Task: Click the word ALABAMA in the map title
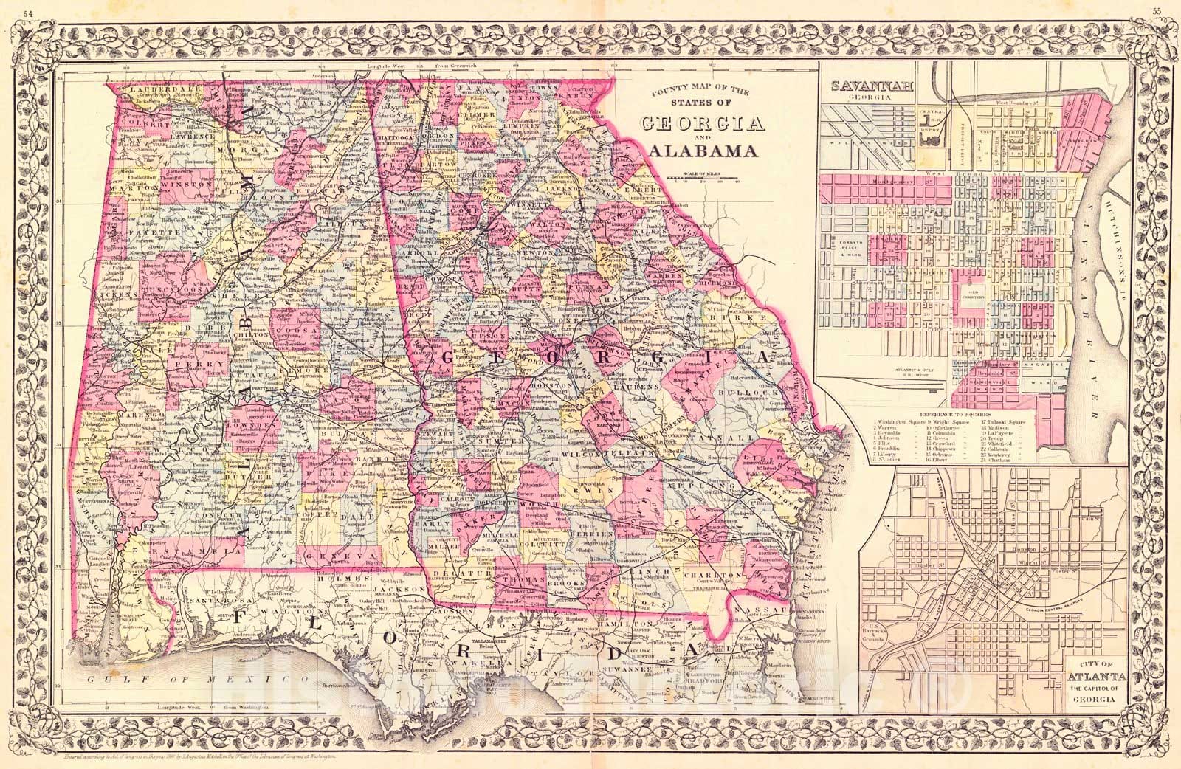pyautogui.click(x=703, y=151)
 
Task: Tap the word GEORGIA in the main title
pyautogui.click(x=703, y=123)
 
